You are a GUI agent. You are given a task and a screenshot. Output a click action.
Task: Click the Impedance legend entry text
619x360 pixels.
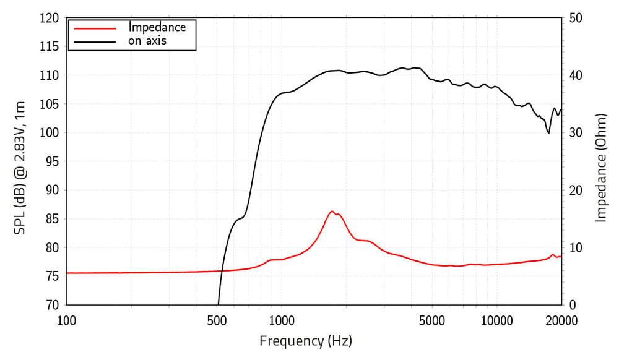pos(157,27)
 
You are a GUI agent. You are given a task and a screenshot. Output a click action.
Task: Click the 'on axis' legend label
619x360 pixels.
pos(147,41)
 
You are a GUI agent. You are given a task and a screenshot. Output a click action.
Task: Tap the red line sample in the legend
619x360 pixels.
pos(95,28)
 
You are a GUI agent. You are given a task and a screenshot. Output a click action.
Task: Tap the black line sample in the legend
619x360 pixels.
pos(95,41)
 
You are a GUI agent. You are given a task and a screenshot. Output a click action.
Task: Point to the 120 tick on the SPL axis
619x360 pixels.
pos(50,18)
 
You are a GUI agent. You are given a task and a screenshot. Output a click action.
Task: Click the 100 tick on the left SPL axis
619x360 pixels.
pos(50,133)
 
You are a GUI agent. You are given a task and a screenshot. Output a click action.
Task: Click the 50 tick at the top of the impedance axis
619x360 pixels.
pos(576,18)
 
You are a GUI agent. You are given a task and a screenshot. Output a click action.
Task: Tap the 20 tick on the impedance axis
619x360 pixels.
pos(576,191)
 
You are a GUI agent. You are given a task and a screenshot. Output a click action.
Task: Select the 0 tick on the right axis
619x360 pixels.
pos(573,305)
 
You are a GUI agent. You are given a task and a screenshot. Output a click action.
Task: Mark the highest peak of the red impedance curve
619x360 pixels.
pos(332,212)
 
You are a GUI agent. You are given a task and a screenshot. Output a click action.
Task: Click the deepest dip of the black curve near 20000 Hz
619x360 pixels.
pos(548,132)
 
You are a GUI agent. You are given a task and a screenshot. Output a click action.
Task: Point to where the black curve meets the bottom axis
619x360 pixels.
pos(219,304)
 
